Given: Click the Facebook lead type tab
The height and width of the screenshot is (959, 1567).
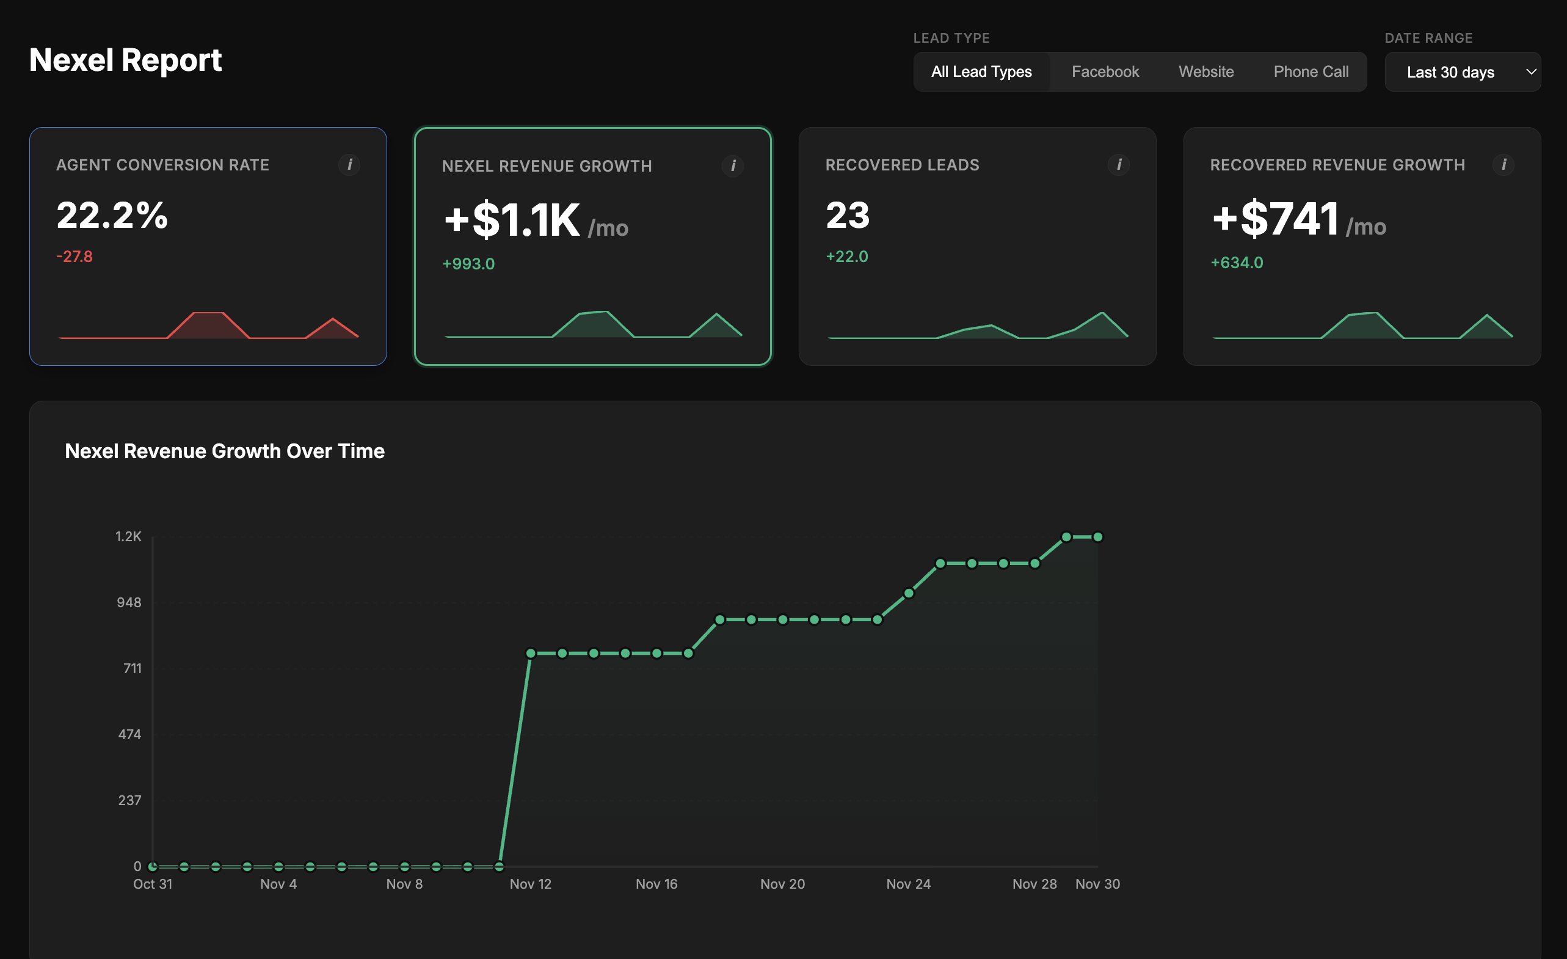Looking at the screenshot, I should coord(1105,72).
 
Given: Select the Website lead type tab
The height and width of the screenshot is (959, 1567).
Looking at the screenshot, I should coord(1205,72).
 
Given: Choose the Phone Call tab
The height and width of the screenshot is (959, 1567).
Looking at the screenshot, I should coord(1310,72).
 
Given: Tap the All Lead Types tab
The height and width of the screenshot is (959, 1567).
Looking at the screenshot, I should coord(981,72).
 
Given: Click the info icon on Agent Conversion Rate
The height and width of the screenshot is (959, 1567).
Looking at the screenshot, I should coord(349,165).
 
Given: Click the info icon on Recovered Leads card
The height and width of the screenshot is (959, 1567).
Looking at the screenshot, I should coord(1119,165).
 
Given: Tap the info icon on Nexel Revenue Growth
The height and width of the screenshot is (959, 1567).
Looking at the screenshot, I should coord(733,166).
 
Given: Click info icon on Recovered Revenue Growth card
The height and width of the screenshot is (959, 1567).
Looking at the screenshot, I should coord(1503,165).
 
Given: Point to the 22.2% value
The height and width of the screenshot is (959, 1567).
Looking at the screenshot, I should coord(112,215).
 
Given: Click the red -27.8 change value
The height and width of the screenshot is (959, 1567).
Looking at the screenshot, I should coord(75,257).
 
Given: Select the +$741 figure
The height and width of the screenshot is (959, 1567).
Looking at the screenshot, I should coord(1275,218).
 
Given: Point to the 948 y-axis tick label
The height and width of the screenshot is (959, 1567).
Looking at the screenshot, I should coord(128,602).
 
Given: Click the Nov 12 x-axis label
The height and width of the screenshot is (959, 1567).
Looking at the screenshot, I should coord(531,884).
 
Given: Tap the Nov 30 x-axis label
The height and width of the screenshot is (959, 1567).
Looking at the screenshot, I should coord(1097,884).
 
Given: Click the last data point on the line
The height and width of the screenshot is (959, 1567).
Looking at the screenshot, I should coord(1097,537).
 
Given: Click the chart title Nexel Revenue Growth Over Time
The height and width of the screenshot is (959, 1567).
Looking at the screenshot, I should coord(225,451).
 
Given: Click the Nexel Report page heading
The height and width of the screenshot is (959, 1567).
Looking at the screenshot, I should coord(125,60).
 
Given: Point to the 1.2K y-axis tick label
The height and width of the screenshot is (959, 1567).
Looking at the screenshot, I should coord(128,536).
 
